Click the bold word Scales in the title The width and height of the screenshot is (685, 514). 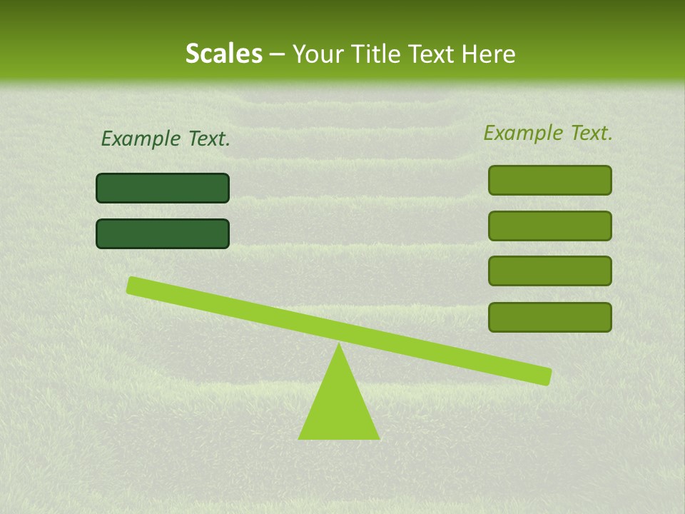224,54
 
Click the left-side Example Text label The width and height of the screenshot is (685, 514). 166,139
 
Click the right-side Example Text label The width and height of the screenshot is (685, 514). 548,133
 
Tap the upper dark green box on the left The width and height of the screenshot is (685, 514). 163,188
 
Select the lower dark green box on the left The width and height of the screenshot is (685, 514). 163,234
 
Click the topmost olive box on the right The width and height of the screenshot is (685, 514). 549,180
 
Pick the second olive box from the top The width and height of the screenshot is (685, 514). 549,226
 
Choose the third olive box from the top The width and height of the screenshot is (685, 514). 549,271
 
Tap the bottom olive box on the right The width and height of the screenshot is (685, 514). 549,317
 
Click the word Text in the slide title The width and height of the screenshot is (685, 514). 431,54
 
